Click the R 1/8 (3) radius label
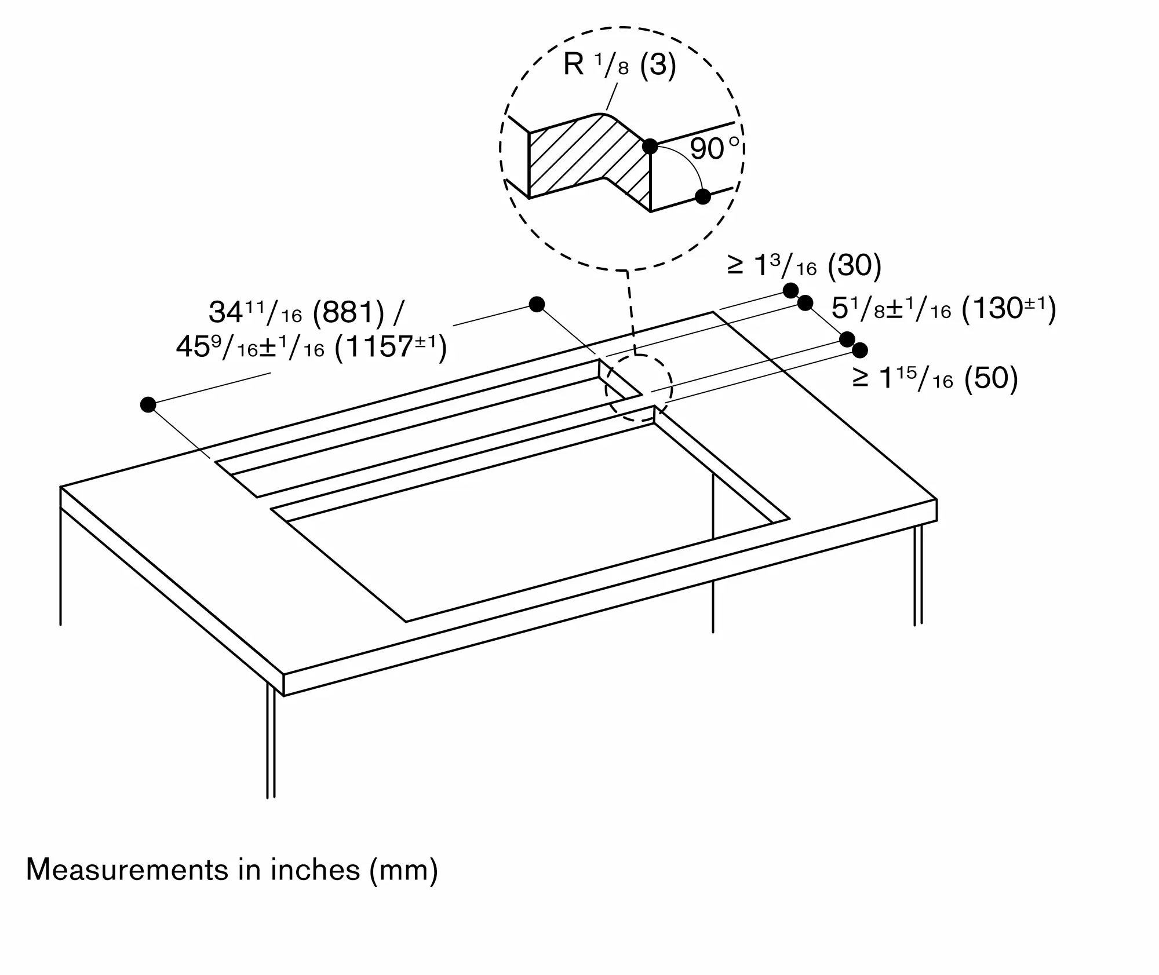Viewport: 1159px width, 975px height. click(619, 64)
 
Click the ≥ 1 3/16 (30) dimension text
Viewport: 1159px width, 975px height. click(804, 266)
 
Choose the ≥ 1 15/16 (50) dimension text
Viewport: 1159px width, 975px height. click(935, 378)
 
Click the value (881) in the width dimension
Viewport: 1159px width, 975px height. click(348, 313)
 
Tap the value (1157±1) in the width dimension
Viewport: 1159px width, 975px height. click(391, 348)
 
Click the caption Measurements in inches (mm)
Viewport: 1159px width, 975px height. click(232, 870)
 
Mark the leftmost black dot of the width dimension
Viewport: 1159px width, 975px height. click(148, 404)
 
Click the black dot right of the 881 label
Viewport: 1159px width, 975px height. click(537, 304)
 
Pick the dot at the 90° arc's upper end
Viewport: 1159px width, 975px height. click(650, 147)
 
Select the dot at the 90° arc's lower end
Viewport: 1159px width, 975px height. click(703, 196)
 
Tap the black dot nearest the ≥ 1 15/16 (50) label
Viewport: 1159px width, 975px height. click(860, 350)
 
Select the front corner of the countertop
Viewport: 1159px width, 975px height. click(284, 675)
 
